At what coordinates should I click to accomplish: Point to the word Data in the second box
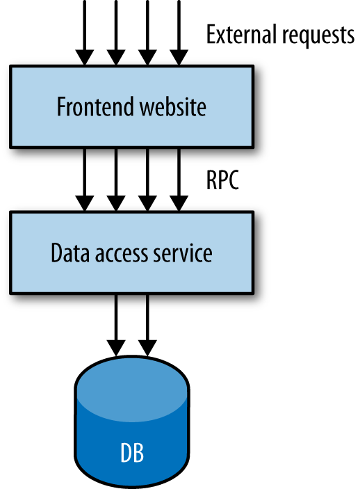click(x=69, y=254)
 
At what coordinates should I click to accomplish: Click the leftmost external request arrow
click(x=84, y=31)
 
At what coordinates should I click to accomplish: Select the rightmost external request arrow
click(x=179, y=31)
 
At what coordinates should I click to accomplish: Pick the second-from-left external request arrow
click(x=116, y=31)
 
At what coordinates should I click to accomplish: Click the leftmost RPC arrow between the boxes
click(x=84, y=177)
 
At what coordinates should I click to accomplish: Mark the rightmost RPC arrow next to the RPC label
click(x=179, y=177)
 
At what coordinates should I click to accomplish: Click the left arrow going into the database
click(x=116, y=323)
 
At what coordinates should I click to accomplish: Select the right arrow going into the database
click(x=147, y=323)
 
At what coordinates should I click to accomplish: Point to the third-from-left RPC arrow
click(x=147, y=177)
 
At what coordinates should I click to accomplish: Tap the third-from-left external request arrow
click(x=147, y=31)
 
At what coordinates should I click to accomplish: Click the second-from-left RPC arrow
click(x=116, y=177)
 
